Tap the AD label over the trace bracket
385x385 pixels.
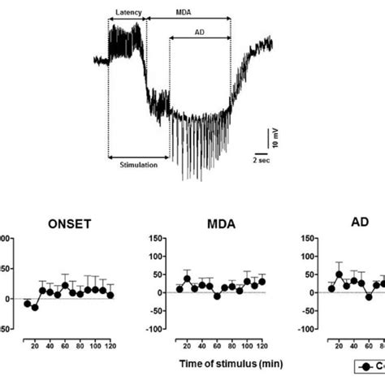pos(199,33)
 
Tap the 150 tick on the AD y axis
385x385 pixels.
pos(309,239)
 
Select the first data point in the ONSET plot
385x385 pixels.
pos(27,304)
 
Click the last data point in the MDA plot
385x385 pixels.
pos(262,281)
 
